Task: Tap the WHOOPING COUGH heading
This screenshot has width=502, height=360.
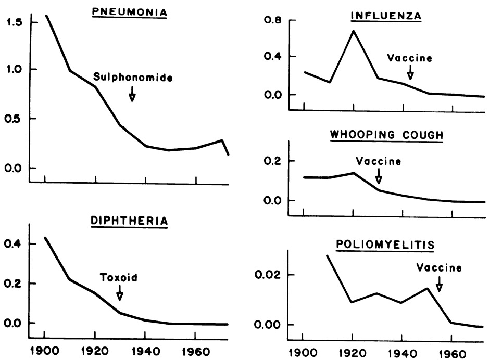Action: point(386,135)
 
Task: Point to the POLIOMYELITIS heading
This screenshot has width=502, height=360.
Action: point(386,244)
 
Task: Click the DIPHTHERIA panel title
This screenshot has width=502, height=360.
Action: point(130,221)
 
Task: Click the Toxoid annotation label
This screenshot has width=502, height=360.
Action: point(119,277)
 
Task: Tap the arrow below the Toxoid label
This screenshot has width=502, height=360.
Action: point(119,292)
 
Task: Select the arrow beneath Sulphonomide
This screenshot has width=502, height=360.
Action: point(132,94)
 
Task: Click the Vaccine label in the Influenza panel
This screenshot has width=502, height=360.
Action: point(410,58)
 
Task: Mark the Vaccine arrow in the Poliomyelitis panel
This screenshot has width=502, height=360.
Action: point(439,284)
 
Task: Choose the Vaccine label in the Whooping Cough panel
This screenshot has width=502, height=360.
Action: point(379,161)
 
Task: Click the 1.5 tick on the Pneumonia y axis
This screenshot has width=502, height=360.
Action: point(14,22)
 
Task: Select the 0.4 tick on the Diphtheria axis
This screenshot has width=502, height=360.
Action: point(14,244)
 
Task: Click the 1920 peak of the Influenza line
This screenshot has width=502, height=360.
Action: point(354,31)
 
